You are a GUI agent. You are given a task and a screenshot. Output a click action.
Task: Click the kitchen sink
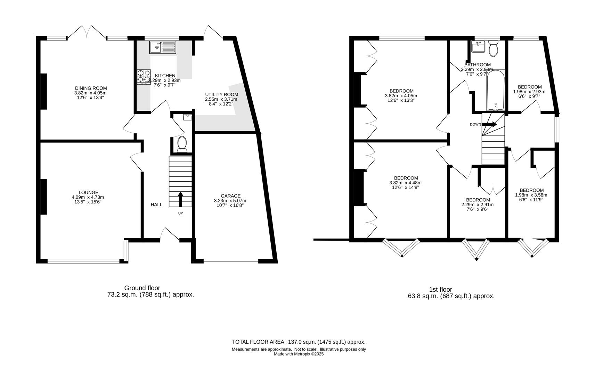click(163, 47)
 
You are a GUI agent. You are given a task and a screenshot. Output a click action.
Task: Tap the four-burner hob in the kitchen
click(144, 77)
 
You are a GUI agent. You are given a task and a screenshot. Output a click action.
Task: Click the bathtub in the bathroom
click(495, 90)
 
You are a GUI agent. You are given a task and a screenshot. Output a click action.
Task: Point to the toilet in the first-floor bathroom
click(493, 49)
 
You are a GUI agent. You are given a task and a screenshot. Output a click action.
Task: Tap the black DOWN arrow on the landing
click(490, 124)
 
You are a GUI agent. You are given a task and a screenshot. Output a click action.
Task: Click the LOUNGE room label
click(88, 192)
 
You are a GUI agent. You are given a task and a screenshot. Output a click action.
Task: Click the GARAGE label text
click(230, 196)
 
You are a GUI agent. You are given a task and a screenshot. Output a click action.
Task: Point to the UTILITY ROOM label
click(221, 94)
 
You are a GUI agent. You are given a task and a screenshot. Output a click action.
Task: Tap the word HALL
click(156, 205)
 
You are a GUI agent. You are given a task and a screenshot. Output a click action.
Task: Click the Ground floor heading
click(142, 288)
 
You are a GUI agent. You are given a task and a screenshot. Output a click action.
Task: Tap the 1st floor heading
click(440, 289)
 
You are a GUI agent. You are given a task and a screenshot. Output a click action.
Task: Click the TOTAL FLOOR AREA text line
click(299, 342)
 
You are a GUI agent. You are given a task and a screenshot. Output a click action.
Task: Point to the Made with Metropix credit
click(299, 354)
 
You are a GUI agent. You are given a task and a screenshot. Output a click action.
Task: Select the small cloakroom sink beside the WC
click(187, 117)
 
